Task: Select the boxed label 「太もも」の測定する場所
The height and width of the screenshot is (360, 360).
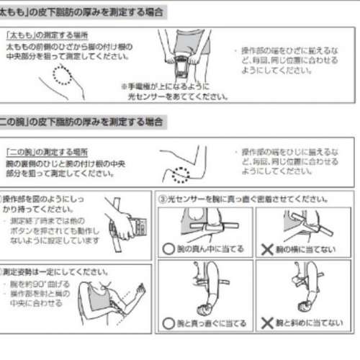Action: click(43, 35)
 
